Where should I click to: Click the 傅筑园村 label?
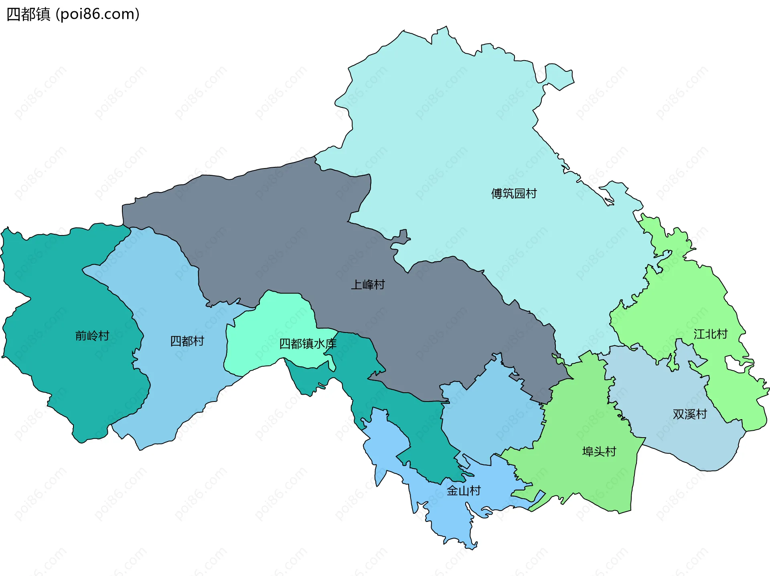click(x=514, y=194)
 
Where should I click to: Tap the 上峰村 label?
click(x=368, y=285)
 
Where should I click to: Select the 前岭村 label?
click(x=92, y=336)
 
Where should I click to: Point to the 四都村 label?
click(x=187, y=341)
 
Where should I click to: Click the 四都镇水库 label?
click(x=308, y=344)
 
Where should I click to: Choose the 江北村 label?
click(x=710, y=334)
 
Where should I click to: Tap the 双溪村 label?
click(x=689, y=414)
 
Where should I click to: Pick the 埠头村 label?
click(x=599, y=452)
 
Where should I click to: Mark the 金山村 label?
click(x=464, y=491)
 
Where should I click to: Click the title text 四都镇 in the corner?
click(x=28, y=14)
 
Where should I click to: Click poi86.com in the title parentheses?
click(x=97, y=14)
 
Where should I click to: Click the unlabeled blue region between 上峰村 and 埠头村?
click(x=493, y=417)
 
